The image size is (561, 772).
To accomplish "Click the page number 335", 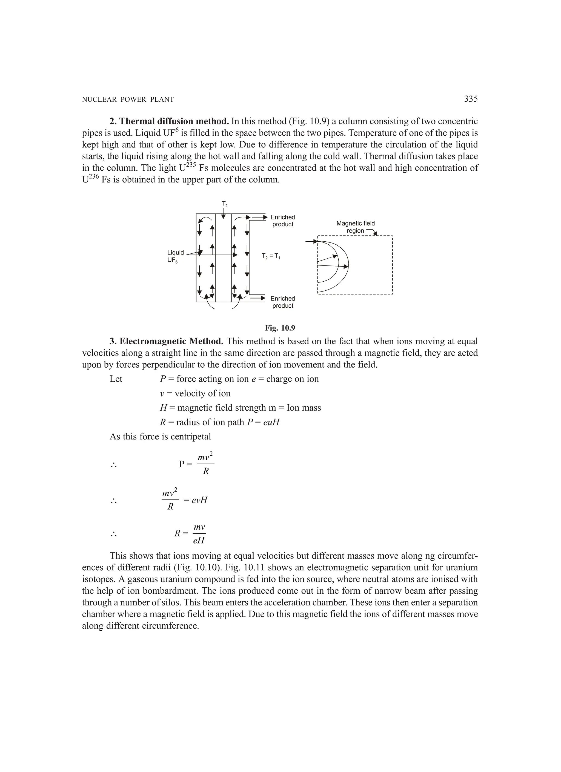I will (x=471, y=99).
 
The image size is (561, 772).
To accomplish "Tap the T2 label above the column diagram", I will (x=225, y=204).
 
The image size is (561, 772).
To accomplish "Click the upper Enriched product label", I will (x=282, y=221).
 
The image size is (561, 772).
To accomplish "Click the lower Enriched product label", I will (x=282, y=302).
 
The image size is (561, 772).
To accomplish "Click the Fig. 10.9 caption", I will (x=280, y=328).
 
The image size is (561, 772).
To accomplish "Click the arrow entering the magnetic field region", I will (x=311, y=241).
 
